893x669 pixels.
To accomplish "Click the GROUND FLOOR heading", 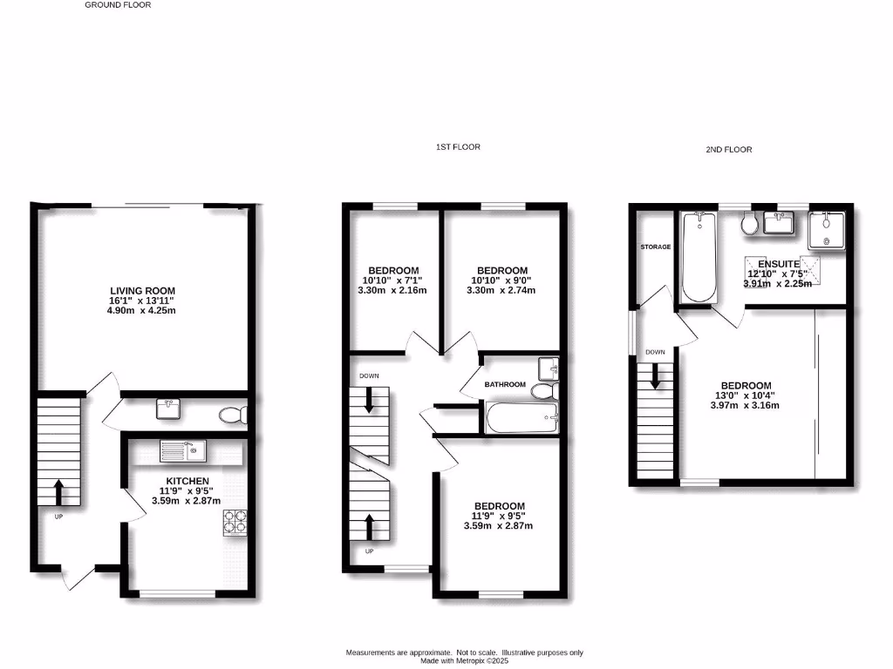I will [x=118, y=5].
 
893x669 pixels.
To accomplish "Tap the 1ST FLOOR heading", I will [x=458, y=147].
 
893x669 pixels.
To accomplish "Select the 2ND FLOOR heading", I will [x=728, y=150].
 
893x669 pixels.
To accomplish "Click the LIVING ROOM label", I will [x=143, y=291].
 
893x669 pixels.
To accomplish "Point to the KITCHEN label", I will [x=187, y=481].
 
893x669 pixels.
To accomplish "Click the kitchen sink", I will [x=181, y=451].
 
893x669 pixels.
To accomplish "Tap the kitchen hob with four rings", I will [x=235, y=522].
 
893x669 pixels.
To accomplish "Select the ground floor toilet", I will [x=232, y=416].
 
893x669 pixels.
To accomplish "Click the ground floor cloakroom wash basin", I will [x=169, y=407].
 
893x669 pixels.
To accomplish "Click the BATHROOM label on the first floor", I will [x=505, y=384].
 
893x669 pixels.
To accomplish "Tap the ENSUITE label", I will [x=779, y=263].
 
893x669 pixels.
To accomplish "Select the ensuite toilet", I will [x=749, y=225].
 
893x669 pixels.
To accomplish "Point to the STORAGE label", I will [x=656, y=247].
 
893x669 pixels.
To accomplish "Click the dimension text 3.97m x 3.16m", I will [x=745, y=405].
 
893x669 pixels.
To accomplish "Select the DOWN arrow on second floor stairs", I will [x=655, y=376].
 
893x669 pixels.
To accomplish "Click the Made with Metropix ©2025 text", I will [x=464, y=661].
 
